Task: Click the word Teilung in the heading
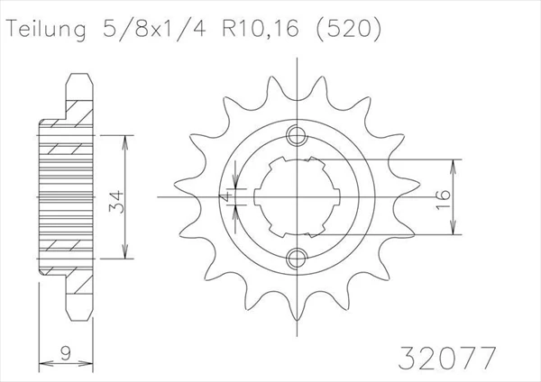[46, 29]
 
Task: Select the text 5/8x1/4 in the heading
[154, 28]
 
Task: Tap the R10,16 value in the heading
[261, 28]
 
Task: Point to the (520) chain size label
[349, 28]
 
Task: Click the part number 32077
[447, 358]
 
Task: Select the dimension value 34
[116, 201]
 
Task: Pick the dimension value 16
[444, 199]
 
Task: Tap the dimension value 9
[66, 353]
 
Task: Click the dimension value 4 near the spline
[225, 197]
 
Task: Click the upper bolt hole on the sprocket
[297, 135]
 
